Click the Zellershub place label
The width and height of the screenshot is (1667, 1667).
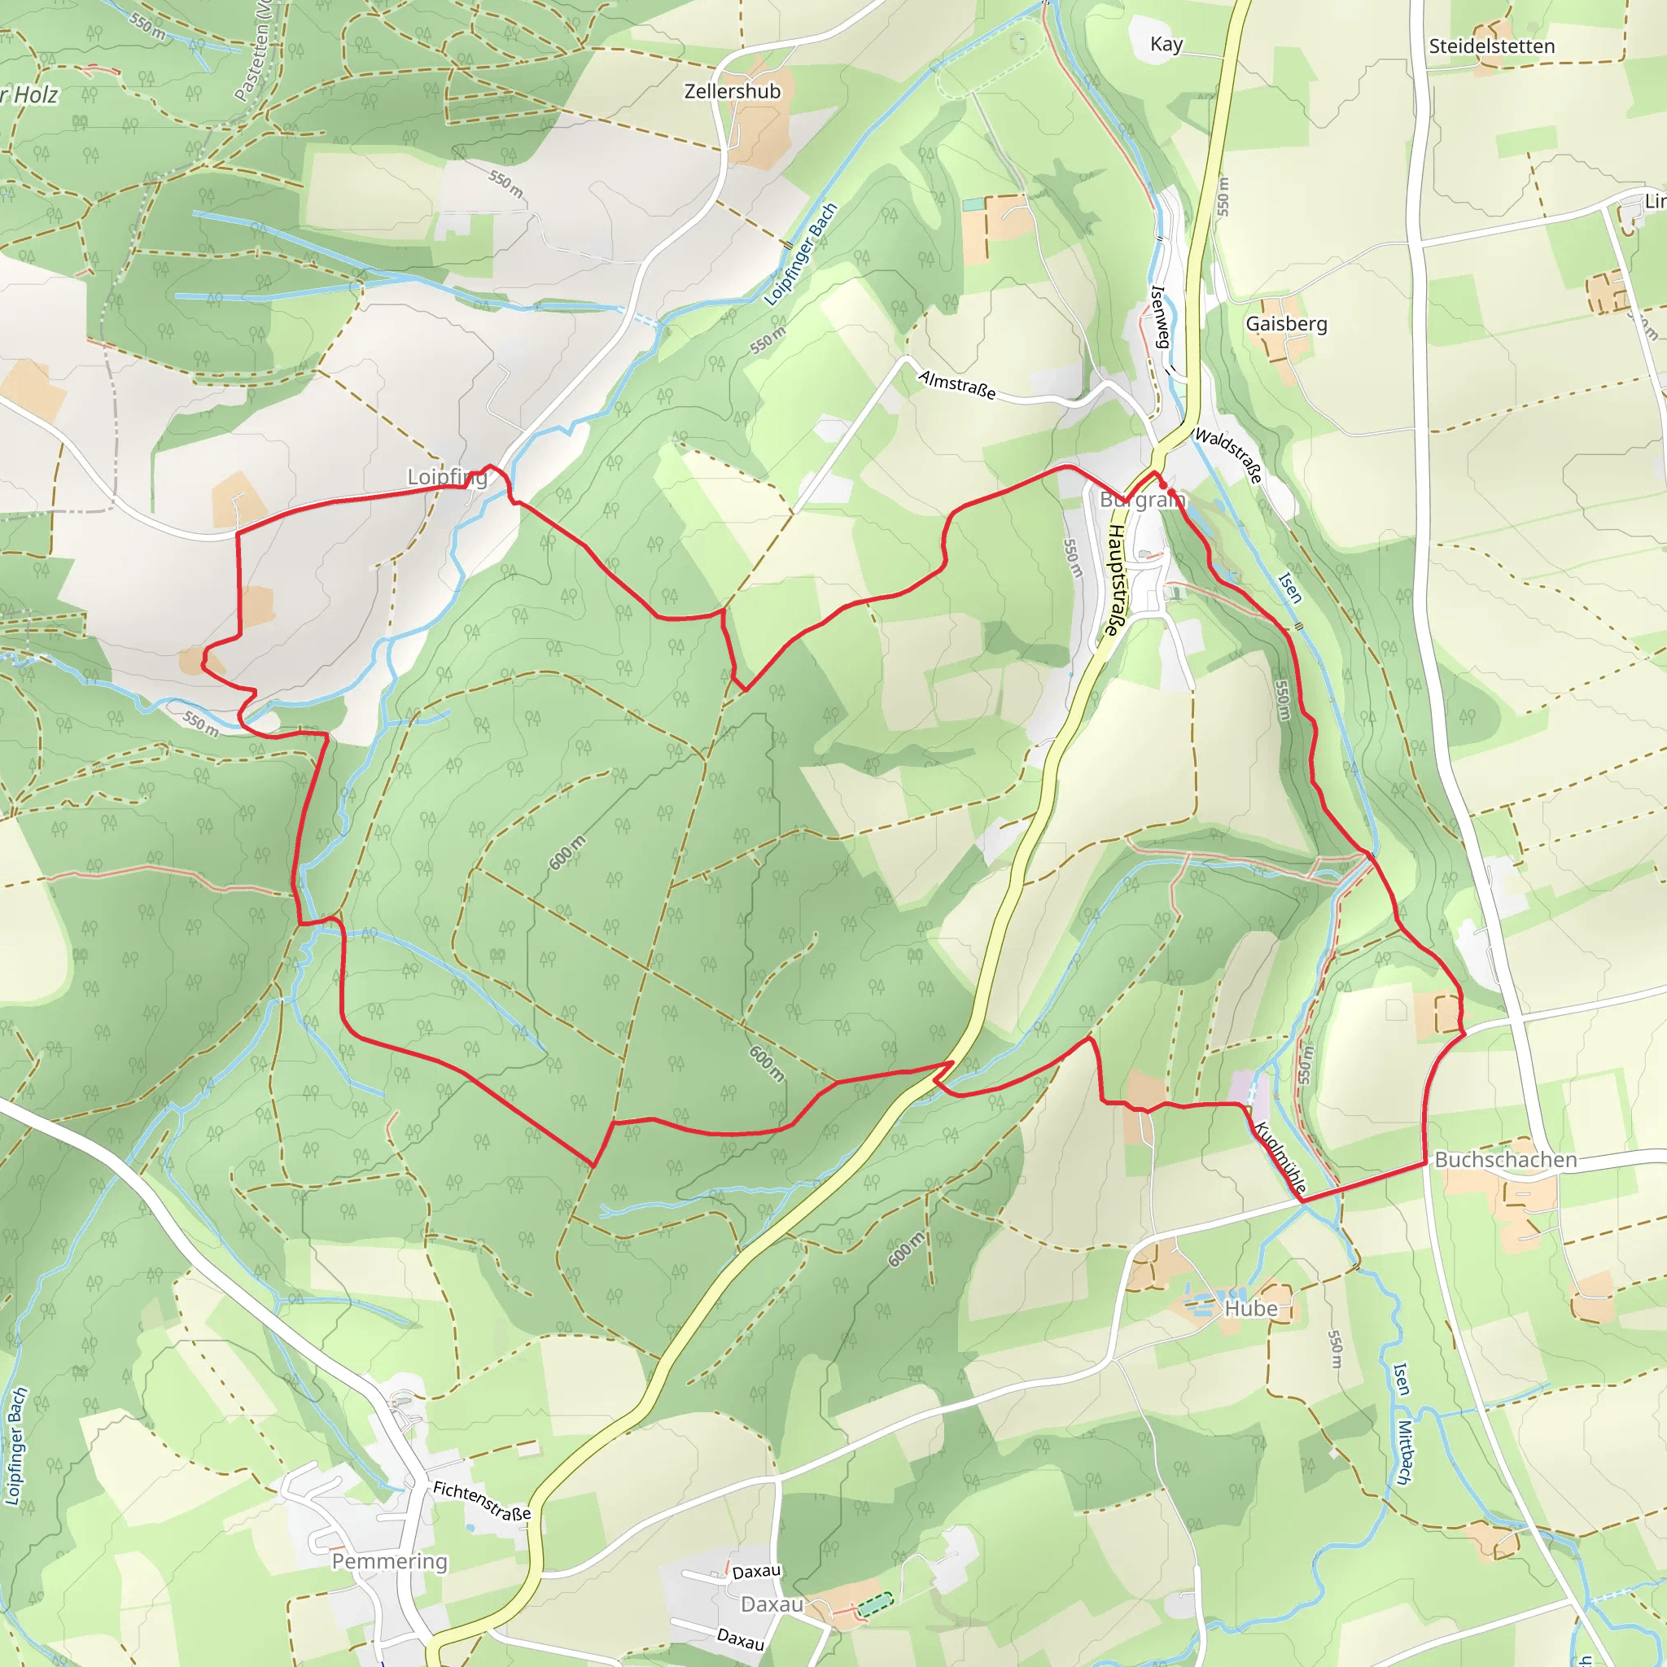coord(732,91)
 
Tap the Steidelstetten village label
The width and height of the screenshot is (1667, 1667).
coord(1491,46)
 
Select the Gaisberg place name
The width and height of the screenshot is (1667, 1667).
coord(1285,324)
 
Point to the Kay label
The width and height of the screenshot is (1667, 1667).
coord(1166,45)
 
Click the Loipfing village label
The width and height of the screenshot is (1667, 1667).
coord(447,477)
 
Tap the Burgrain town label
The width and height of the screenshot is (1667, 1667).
coord(1140,501)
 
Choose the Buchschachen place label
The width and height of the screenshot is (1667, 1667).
coord(1505,1161)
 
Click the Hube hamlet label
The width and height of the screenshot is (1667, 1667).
coord(1250,1309)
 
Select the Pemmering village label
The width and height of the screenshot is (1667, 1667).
coord(389,1562)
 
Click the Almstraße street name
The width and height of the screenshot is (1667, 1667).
coord(956,385)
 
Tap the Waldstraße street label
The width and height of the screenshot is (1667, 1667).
coord(1228,455)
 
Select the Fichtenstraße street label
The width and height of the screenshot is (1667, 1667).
coord(482,1500)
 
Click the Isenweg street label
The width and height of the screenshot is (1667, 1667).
coord(1160,317)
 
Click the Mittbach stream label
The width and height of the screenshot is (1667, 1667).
coord(1405,1453)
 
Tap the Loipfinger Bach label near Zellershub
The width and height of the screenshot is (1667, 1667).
coord(801,255)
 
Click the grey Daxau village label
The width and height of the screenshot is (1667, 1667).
coord(772,1605)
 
